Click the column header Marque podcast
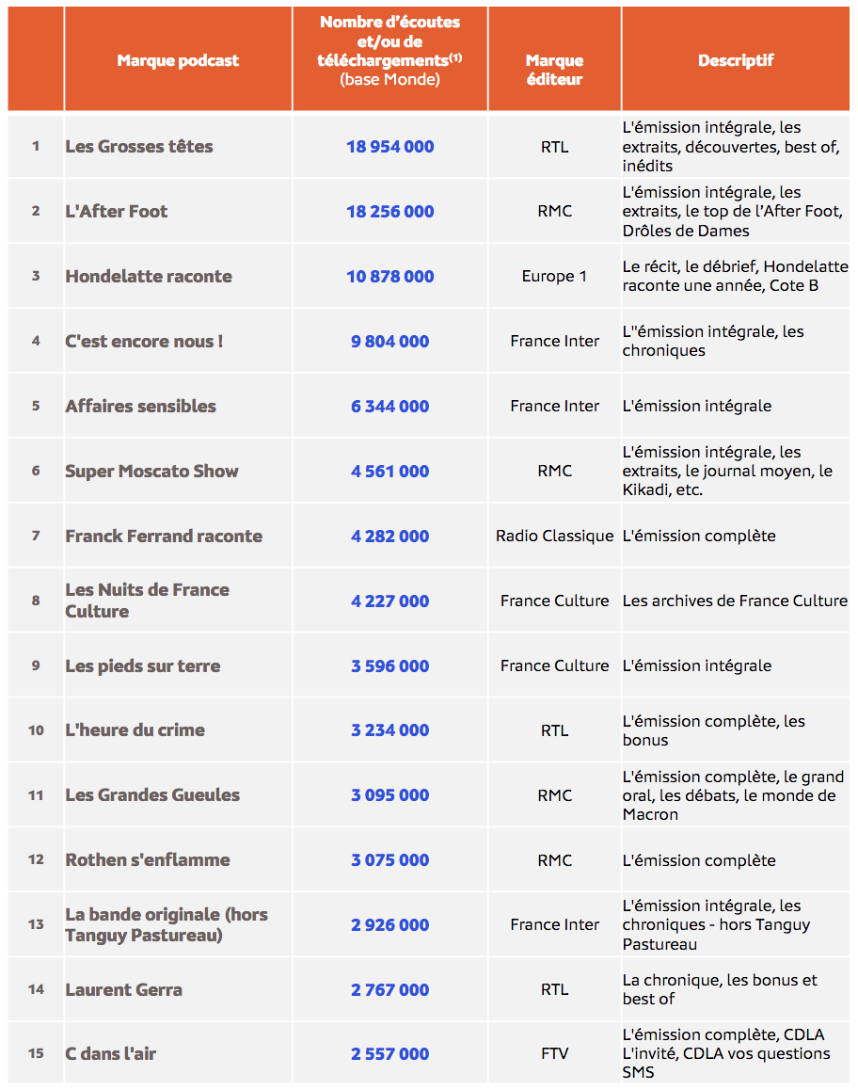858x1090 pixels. pos(178,61)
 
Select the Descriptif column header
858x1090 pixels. pos(736,61)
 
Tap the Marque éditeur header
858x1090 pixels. pos(554,70)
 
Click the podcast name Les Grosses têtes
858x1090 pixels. pos(139,147)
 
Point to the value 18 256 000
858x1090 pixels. pos(389,212)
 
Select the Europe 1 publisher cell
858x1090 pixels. pos(554,277)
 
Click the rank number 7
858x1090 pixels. pos(36,537)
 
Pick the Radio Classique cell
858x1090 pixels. pos(554,537)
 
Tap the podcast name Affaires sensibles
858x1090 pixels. pos(140,407)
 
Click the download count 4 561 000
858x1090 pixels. pos(389,472)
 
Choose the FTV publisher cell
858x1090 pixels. pos(554,1054)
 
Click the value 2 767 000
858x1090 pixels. pos(389,990)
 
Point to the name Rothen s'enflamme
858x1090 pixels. pos(148,860)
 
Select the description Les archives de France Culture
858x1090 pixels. pos(735,601)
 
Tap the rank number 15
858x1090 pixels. pos(36,1054)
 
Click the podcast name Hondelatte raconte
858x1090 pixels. pos(149,277)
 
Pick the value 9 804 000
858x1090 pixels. pos(389,342)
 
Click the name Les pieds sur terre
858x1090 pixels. pos(143,666)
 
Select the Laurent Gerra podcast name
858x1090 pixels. pos(124,990)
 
